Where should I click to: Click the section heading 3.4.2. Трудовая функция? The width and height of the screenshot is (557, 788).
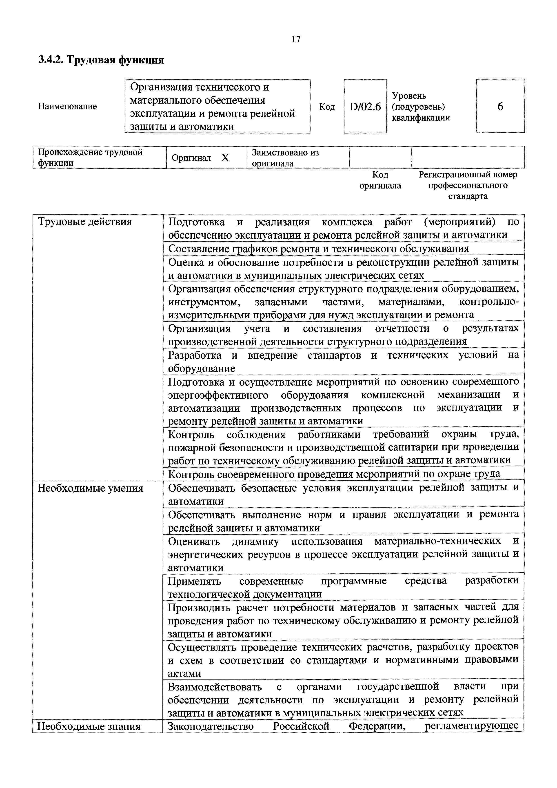point(101,60)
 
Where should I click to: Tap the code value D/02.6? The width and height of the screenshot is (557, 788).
point(365,107)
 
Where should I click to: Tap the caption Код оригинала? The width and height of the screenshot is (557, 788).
point(380,180)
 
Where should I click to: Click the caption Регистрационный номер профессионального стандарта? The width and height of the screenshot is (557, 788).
point(468,185)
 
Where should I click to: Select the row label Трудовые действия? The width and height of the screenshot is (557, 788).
point(85,222)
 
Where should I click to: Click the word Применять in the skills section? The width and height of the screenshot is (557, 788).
point(194,581)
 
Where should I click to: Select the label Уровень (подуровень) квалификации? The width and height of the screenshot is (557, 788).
point(421,107)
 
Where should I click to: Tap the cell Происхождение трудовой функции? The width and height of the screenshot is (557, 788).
point(90,157)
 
